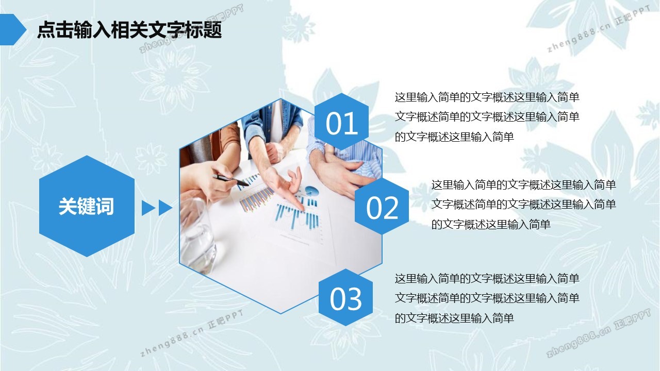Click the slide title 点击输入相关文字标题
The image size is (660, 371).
129,30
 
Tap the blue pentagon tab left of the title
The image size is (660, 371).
12,29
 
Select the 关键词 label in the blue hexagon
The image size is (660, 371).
86,206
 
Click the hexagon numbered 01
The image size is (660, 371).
341,122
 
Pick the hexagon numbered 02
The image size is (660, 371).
382,206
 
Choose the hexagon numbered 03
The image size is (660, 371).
345,297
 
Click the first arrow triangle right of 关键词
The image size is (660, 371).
148,208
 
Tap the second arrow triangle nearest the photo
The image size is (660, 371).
166,208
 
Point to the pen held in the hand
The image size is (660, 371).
230,180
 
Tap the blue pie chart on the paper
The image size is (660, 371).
311,191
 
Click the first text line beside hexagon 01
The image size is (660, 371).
487,97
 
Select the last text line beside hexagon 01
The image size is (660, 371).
454,137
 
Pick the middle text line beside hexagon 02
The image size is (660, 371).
524,205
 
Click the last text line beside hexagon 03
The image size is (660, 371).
454,318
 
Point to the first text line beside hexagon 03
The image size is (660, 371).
487,279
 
